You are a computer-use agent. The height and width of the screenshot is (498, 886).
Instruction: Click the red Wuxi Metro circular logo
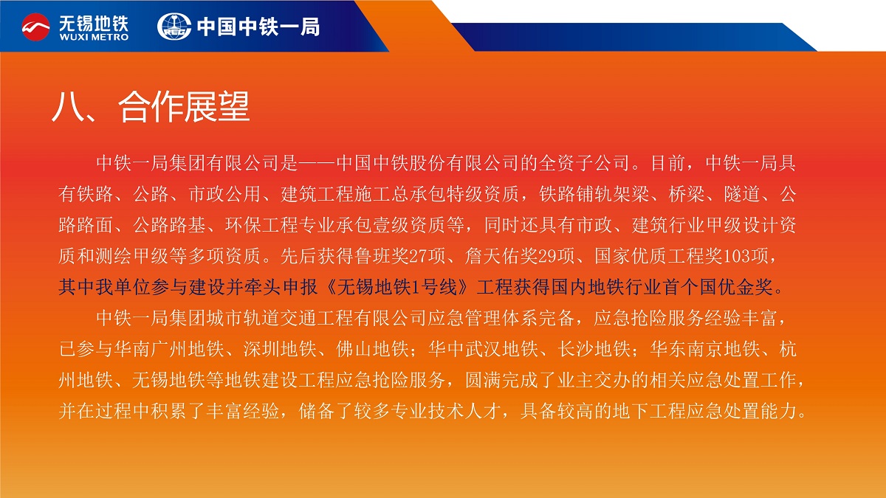click(x=35, y=27)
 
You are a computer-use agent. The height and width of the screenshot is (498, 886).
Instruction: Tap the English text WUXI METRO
click(x=94, y=37)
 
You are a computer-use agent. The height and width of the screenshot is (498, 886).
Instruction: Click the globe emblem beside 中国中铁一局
click(x=174, y=27)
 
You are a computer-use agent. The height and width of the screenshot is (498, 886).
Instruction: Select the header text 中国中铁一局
click(x=258, y=27)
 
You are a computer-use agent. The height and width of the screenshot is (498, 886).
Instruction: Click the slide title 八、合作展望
click(x=151, y=106)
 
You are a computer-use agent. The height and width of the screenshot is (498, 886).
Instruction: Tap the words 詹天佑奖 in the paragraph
click(x=501, y=256)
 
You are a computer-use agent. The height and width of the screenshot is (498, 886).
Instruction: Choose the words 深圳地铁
click(x=280, y=349)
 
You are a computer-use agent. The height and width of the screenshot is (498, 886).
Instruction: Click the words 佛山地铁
click(x=373, y=349)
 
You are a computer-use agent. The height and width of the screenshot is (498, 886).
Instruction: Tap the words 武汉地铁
click(x=501, y=349)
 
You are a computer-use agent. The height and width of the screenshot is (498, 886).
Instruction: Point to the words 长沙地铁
click(x=594, y=349)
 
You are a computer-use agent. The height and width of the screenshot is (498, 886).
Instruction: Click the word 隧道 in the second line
click(x=742, y=194)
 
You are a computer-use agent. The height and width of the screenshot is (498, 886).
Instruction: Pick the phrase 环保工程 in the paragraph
click(x=261, y=225)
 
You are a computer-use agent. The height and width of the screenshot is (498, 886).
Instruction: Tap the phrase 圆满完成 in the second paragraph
click(x=501, y=380)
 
